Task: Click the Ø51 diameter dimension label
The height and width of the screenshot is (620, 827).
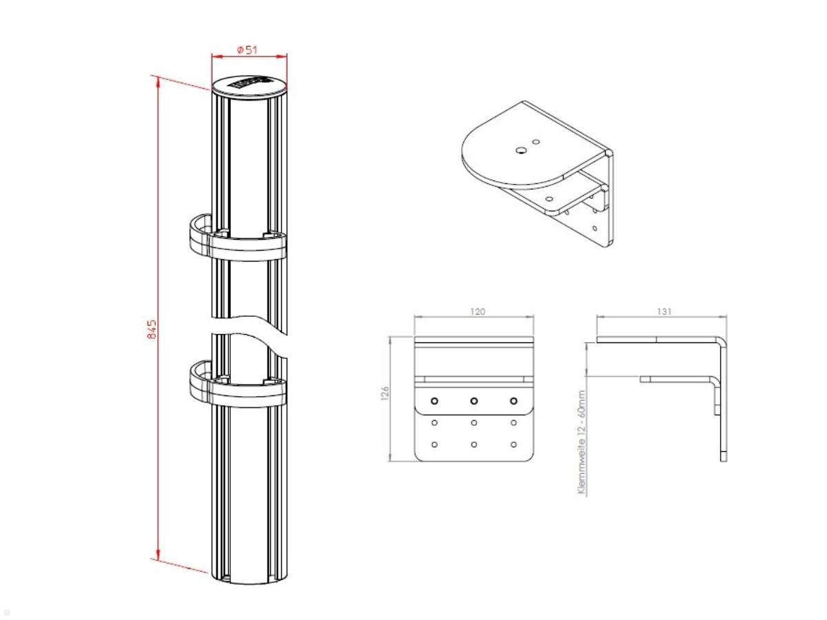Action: pyautogui.click(x=247, y=50)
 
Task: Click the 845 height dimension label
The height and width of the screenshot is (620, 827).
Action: pyautogui.click(x=153, y=329)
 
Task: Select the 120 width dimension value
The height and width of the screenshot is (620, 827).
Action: pyautogui.click(x=477, y=312)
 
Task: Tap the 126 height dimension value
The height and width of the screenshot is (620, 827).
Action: pyautogui.click(x=385, y=393)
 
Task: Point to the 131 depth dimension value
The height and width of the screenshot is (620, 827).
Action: pyautogui.click(x=664, y=312)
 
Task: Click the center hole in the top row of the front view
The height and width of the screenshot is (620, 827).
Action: pyautogui.click(x=474, y=401)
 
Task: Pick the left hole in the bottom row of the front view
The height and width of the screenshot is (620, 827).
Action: pyautogui.click(x=434, y=444)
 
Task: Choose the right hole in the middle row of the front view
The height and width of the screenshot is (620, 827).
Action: pyautogui.click(x=514, y=423)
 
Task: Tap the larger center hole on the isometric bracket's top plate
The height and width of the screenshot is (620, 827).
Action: pyautogui.click(x=522, y=147)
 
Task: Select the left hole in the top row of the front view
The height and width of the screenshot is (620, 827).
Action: pyautogui.click(x=434, y=401)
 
